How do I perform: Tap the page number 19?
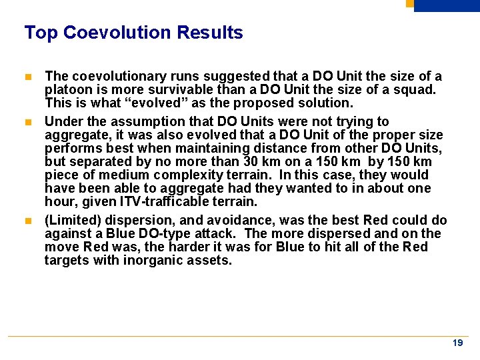coord(457,343)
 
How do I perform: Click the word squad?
coord(416,90)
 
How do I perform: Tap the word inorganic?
coord(153,260)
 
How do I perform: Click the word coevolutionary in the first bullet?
coord(108,77)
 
